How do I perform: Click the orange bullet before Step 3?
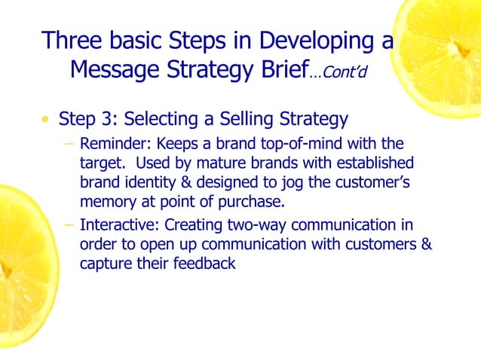coord(47,120)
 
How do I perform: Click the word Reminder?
coord(112,144)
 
